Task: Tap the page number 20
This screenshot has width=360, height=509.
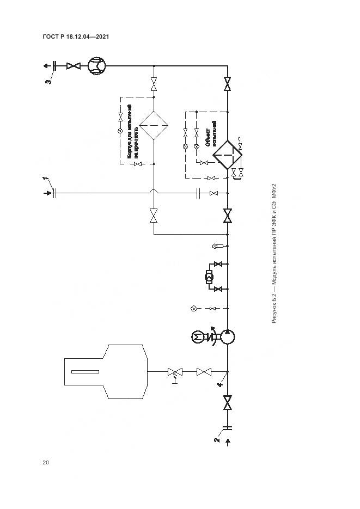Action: pos(46,463)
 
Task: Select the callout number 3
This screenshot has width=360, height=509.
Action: pos(48,82)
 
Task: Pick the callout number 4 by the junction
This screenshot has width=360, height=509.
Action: pos(219,385)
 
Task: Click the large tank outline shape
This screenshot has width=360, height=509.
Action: pos(106,372)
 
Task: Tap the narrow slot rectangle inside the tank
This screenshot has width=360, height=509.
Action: pos(89,372)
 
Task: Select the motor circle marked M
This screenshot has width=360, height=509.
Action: pos(197,338)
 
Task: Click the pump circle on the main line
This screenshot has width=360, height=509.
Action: pos(228,338)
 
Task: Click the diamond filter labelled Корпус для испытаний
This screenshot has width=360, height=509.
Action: pos(154,126)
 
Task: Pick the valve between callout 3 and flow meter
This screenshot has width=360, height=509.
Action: pos(72,66)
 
